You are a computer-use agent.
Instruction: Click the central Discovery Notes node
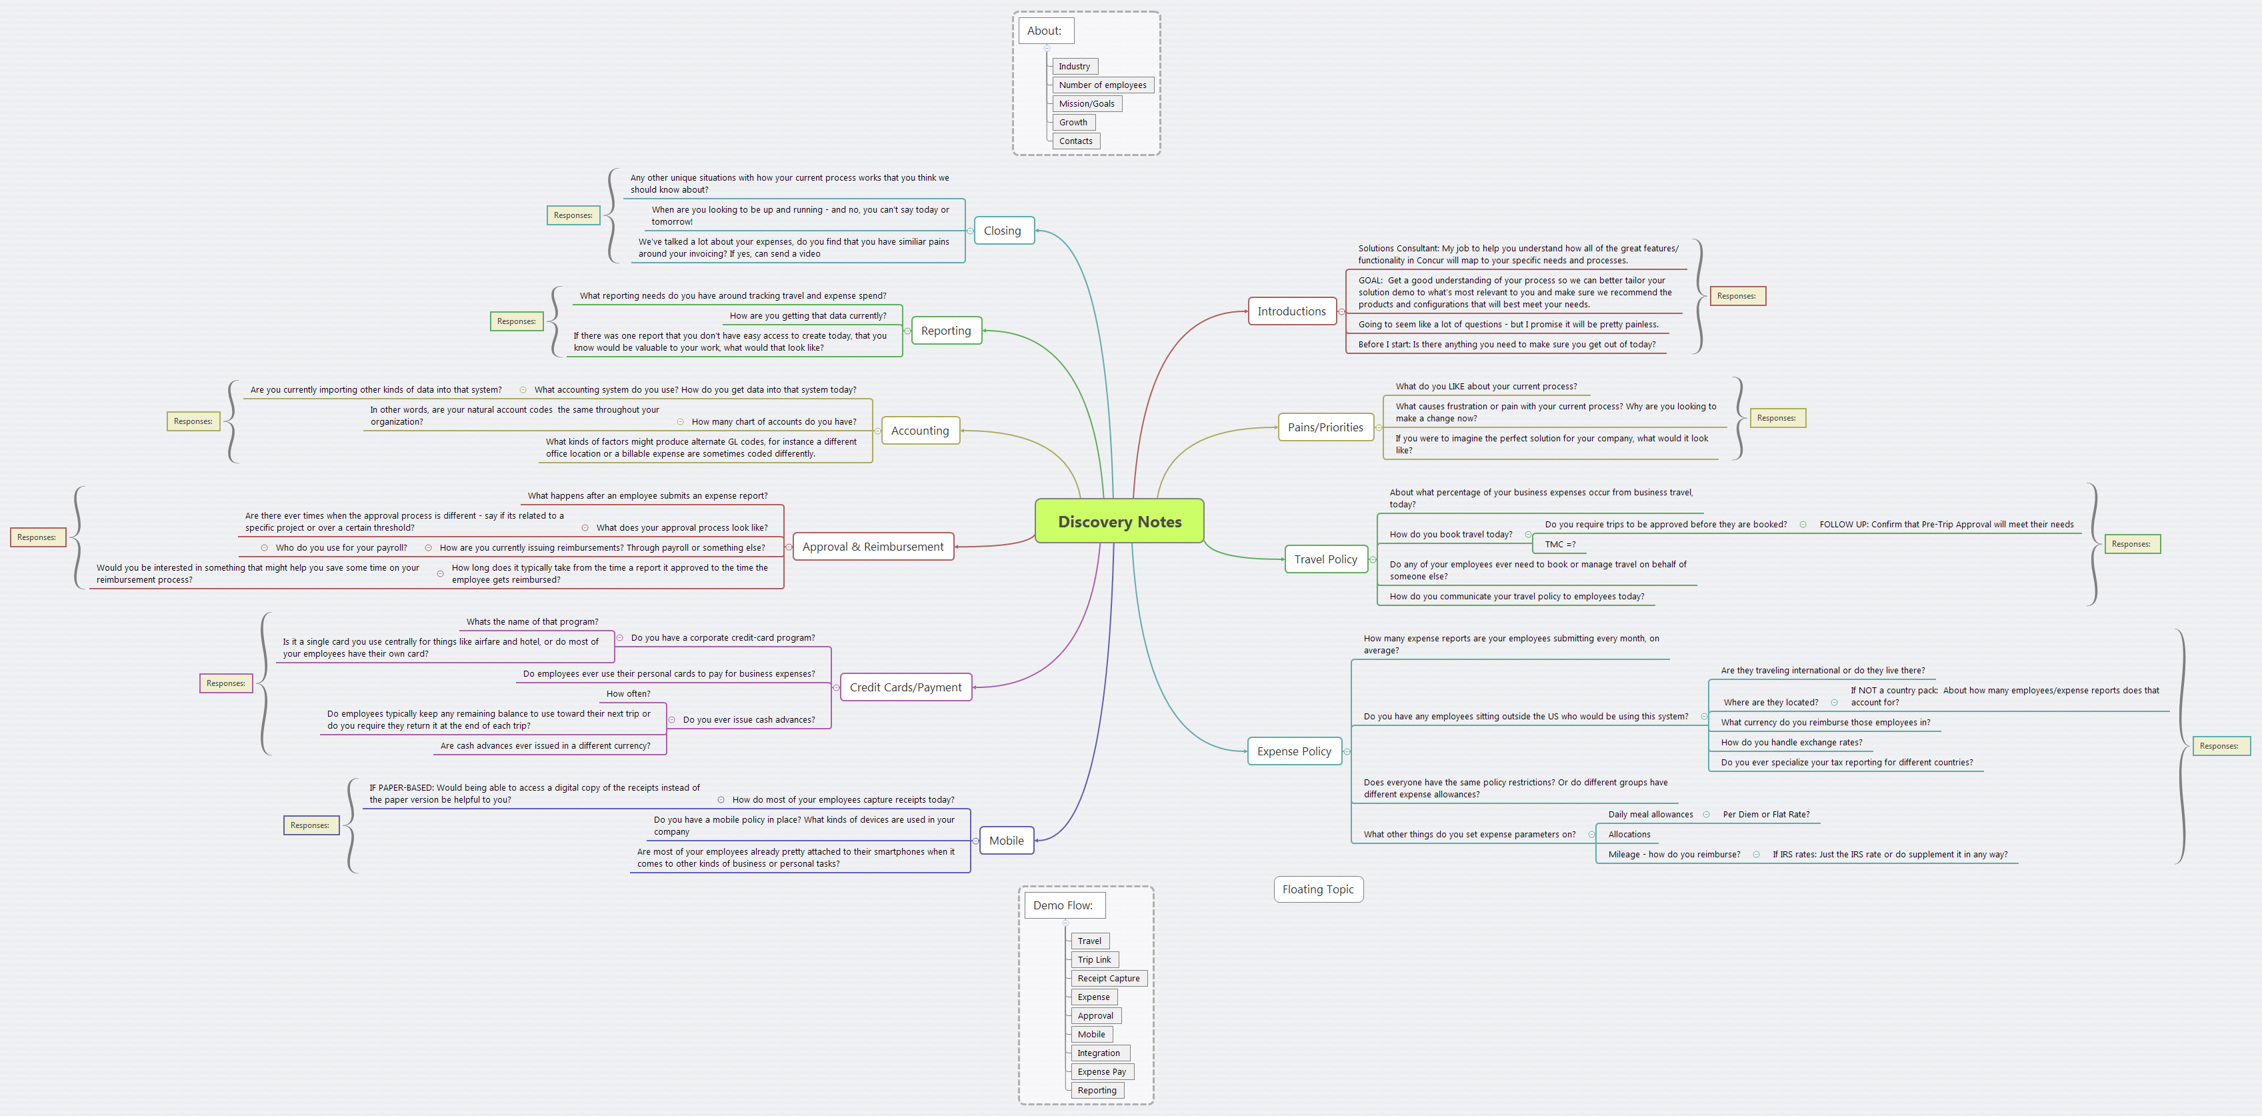1119,521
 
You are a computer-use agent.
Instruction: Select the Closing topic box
1002,231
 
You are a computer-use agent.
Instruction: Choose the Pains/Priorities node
1325,427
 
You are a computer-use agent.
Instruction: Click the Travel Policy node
1325,559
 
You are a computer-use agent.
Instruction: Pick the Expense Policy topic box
1293,751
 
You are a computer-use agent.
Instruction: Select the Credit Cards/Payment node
905,687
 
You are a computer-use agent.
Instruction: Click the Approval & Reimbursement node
873,546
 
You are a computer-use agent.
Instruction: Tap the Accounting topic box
919,430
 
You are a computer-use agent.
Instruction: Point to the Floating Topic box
1317,889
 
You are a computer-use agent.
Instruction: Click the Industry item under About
1074,67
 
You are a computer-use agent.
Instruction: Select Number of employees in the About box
1102,85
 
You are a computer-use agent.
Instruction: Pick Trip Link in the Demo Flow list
1094,960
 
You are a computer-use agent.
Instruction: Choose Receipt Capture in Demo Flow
1108,978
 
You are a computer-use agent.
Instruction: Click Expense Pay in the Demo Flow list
1101,1071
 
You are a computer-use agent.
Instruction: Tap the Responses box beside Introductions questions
1736,296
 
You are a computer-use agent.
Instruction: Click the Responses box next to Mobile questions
310,825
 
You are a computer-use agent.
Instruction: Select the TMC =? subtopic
1559,545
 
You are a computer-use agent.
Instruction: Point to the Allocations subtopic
1629,834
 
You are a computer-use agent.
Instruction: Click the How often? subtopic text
628,693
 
